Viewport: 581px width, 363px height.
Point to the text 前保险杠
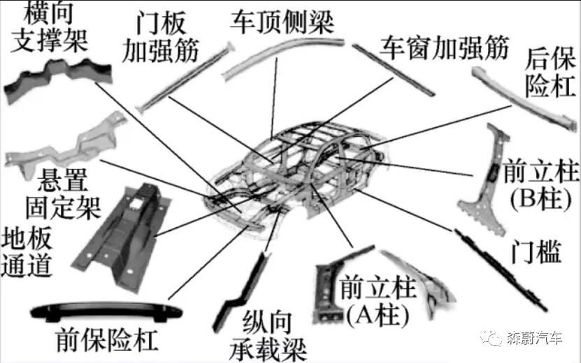106,341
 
